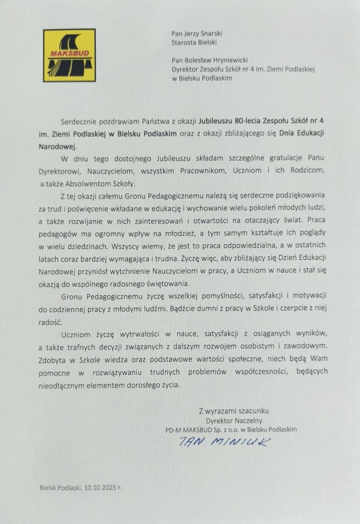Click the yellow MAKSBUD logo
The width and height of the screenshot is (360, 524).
(x=69, y=56)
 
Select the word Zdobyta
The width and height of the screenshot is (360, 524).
(x=53, y=359)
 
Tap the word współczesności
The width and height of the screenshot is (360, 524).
(x=254, y=372)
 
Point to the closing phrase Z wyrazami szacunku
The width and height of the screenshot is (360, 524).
(x=234, y=410)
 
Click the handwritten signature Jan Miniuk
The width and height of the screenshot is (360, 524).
(x=223, y=442)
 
